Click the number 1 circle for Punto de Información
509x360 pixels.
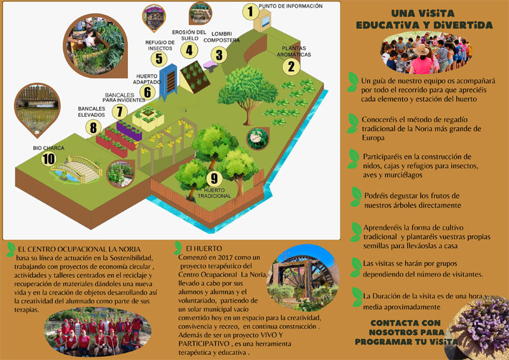click(251, 11)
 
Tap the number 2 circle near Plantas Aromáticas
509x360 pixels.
click(291, 66)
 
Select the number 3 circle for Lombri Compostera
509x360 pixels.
click(219, 54)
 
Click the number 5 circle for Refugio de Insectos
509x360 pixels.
click(157, 59)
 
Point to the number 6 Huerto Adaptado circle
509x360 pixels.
click(148, 92)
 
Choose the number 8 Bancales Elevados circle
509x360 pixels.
click(94, 127)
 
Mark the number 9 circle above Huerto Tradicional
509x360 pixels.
click(214, 178)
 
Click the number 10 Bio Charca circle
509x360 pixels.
click(48, 159)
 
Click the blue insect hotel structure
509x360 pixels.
click(169, 81)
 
